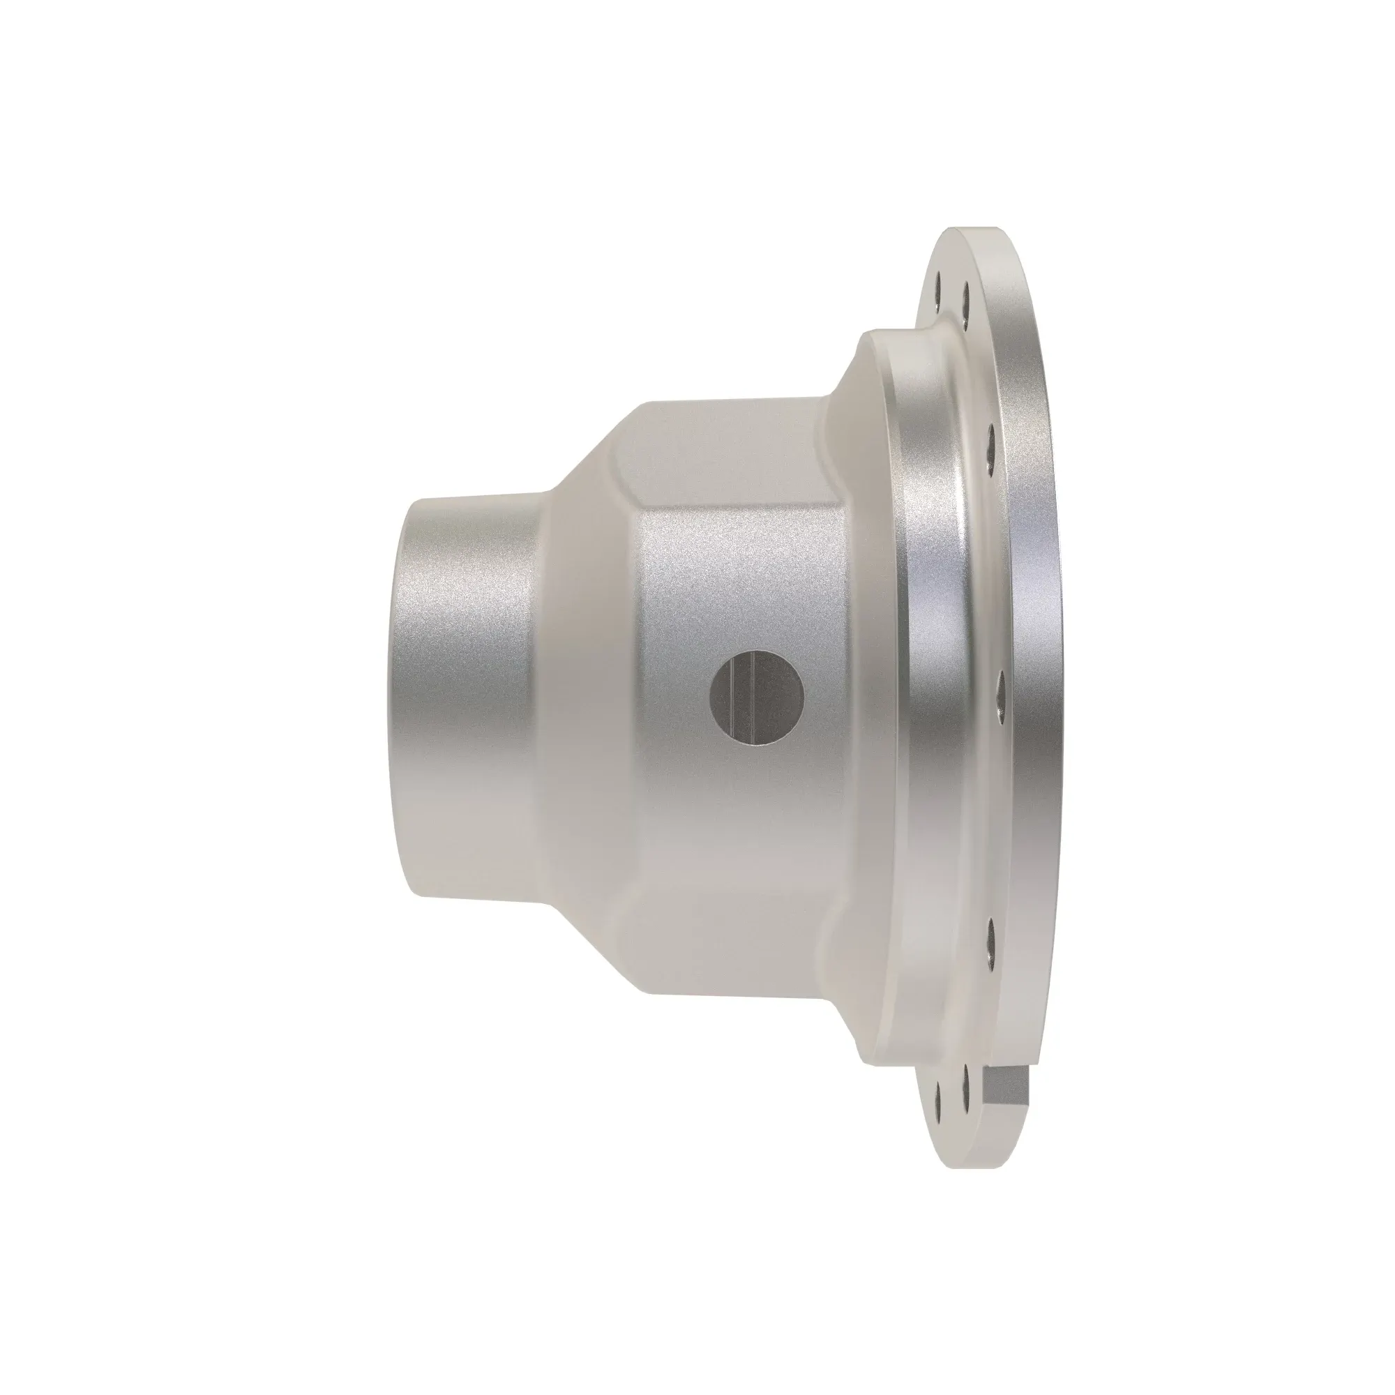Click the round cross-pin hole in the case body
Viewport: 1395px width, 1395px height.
(757, 697)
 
